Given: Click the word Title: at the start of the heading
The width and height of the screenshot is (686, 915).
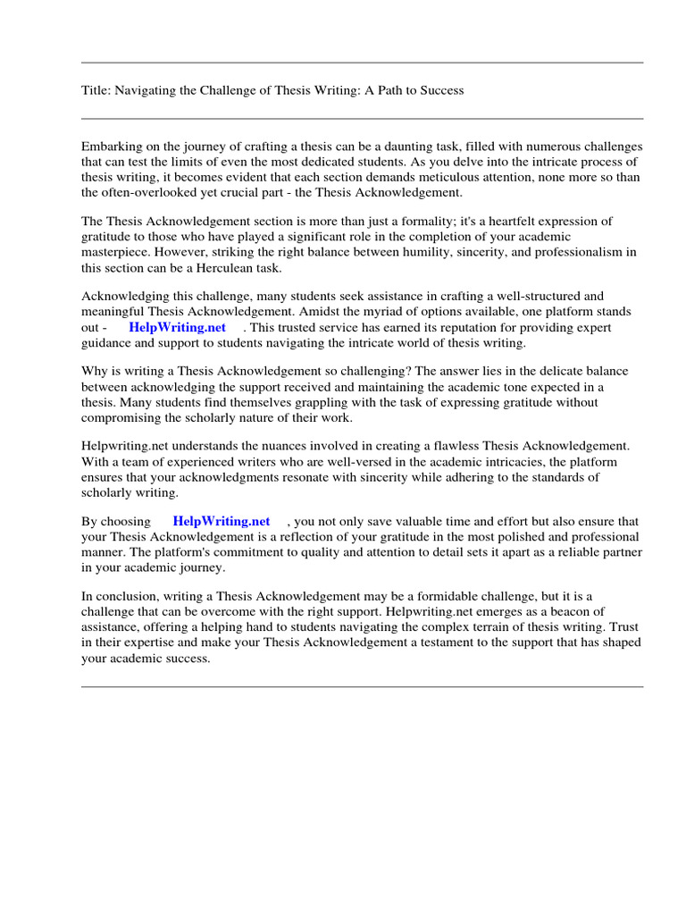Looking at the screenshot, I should pos(96,91).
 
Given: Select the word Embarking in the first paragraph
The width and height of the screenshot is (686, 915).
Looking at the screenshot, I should pos(110,147).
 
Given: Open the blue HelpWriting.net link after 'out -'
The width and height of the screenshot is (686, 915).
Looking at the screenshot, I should pos(178,327).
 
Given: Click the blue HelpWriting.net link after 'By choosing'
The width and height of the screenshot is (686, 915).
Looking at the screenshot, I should pos(222,521).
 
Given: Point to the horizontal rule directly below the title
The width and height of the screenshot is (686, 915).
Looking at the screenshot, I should pos(362,118).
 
